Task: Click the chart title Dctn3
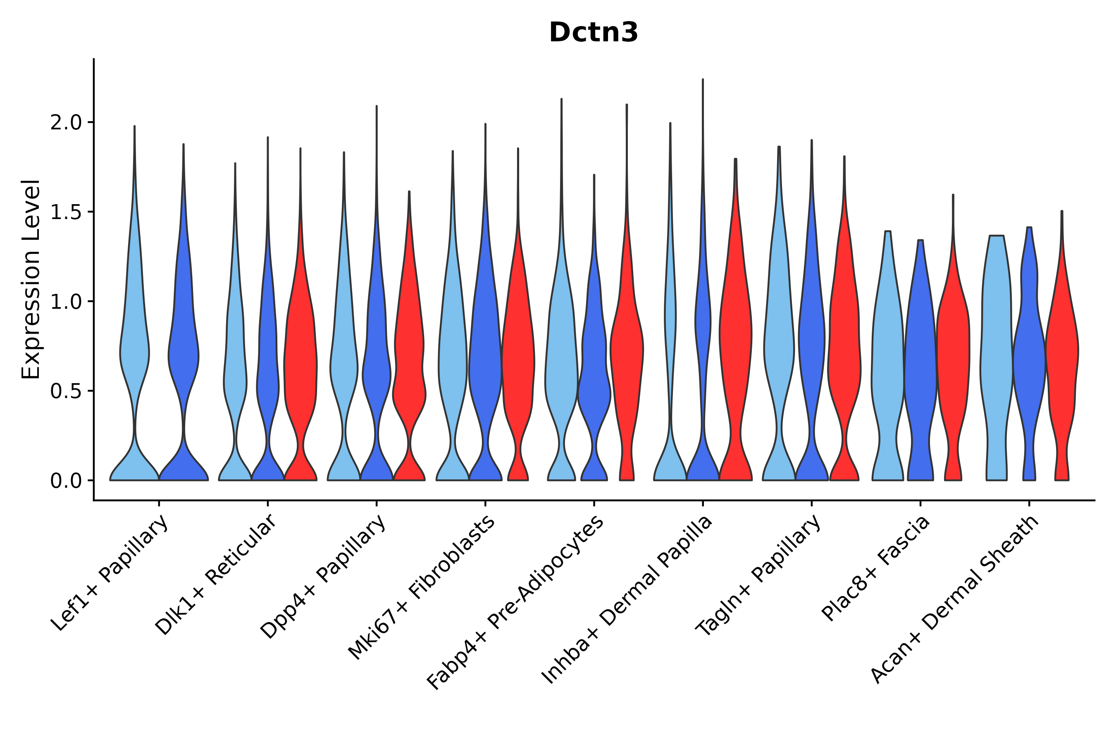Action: [x=593, y=33]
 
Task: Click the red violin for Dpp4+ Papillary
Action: [x=409, y=379]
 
